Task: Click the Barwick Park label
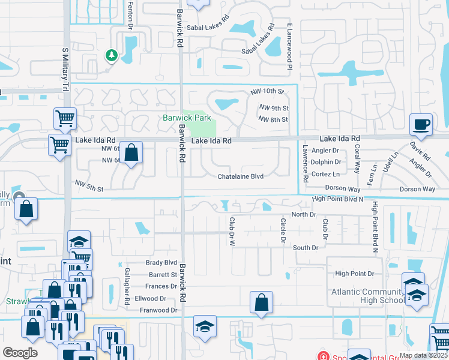point(187,118)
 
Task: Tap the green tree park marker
point(111,56)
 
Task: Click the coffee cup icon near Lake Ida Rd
point(421,125)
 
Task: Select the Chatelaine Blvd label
point(241,176)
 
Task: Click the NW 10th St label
point(267,92)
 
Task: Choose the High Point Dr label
point(355,274)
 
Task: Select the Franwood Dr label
point(158,310)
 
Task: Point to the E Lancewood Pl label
point(289,46)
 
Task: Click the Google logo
point(20,352)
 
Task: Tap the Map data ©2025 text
point(423,355)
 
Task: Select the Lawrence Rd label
point(305,163)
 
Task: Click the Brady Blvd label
point(161,263)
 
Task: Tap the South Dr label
point(305,248)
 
